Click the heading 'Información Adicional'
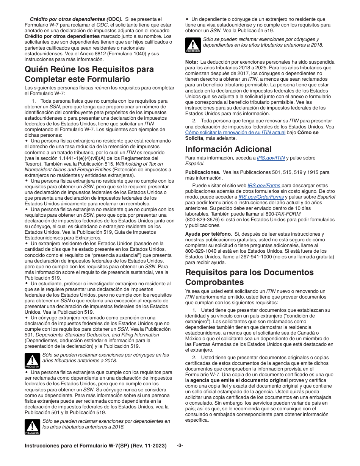(229, 149)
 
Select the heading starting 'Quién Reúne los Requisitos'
(89, 74)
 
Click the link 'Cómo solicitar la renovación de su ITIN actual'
(235, 132)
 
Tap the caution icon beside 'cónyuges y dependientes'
(193, 45)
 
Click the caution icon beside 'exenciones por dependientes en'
(32, 427)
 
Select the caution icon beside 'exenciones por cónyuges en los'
(32, 361)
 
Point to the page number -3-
(180, 446)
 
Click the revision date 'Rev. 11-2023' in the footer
(149, 446)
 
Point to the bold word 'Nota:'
(192, 62)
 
